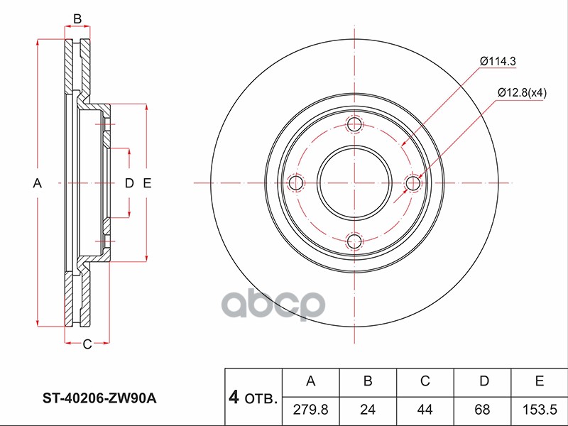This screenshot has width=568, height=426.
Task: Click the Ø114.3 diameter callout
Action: (497, 62)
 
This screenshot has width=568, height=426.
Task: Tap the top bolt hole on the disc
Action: (354, 126)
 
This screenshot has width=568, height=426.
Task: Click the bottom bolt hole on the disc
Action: (354, 242)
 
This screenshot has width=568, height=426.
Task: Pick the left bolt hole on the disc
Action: (295, 184)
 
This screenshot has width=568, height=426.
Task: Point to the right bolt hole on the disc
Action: (413, 184)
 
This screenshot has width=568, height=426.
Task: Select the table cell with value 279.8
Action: (310, 409)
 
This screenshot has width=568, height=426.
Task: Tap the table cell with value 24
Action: (368, 409)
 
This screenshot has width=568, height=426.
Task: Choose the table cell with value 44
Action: (425, 409)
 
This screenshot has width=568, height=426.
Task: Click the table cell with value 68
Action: (483, 409)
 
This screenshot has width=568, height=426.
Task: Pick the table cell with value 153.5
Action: (540, 409)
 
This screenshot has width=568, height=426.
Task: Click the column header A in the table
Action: (310, 381)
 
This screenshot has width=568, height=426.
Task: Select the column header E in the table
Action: (540, 381)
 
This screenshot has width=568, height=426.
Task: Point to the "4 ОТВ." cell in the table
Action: (253, 398)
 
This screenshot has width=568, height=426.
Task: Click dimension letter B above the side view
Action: (78, 18)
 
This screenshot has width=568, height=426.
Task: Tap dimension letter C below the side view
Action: (86, 345)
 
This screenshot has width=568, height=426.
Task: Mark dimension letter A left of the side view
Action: (38, 184)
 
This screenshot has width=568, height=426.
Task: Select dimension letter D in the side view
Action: (129, 184)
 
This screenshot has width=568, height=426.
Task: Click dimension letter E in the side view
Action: (147, 184)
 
